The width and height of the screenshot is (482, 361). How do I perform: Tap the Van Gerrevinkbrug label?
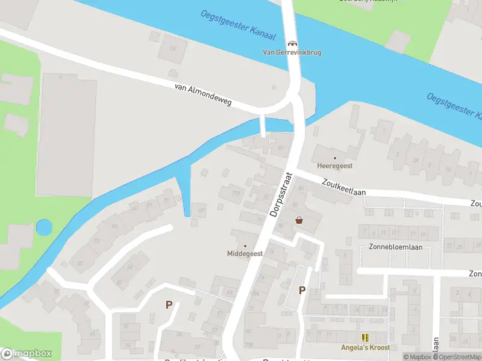click(292, 52)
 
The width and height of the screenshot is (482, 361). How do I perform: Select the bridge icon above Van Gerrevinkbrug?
click(292, 43)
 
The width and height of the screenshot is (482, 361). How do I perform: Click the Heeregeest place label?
click(335, 165)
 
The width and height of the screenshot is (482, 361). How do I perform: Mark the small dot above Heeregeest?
click(335, 158)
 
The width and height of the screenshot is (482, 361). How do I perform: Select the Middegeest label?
click(245, 254)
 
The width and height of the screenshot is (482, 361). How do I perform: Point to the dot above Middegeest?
click(245, 246)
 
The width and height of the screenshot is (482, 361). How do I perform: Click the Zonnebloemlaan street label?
click(395, 247)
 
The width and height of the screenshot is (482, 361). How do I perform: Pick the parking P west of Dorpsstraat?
click(169, 305)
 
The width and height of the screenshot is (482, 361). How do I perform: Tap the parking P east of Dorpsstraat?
click(302, 291)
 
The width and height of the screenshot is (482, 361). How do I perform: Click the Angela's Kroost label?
click(365, 348)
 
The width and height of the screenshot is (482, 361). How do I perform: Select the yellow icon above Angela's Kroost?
click(365, 338)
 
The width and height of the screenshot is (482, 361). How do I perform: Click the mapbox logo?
click(27, 354)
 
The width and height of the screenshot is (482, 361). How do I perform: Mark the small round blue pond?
click(44, 227)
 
